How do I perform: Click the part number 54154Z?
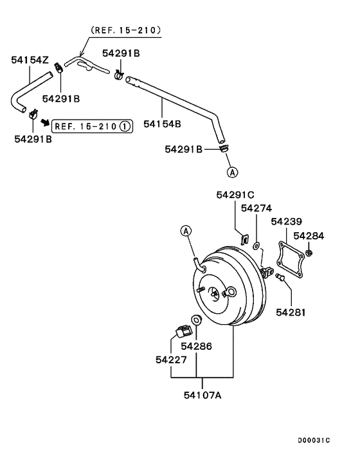pyautogui.click(x=30, y=60)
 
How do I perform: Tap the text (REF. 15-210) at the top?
pyautogui.click(x=125, y=30)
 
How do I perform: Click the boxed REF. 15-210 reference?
pyautogui.click(x=92, y=126)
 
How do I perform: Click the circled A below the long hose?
pyautogui.click(x=231, y=172)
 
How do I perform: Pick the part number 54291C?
pyautogui.click(x=235, y=195)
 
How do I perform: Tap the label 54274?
pyautogui.click(x=256, y=208)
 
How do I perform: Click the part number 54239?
pyautogui.click(x=287, y=222)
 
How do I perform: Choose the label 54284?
pyautogui.click(x=310, y=236)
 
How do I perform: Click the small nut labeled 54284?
pyautogui.click(x=309, y=253)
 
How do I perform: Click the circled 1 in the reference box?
pyautogui.click(x=124, y=126)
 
